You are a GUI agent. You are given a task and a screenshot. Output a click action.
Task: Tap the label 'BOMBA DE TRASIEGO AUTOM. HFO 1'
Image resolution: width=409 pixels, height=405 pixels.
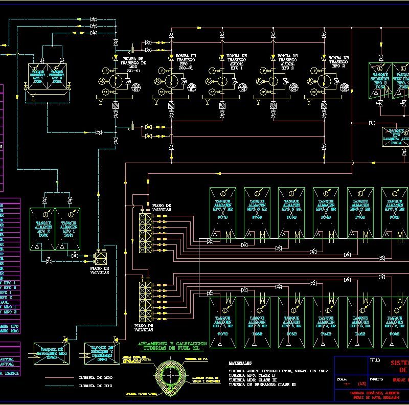(x=236, y=61)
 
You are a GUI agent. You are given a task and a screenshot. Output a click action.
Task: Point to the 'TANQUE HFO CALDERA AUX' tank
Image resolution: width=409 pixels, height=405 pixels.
(x=395, y=137)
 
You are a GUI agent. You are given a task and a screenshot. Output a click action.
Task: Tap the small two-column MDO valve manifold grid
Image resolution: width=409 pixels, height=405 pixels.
(x=100, y=257)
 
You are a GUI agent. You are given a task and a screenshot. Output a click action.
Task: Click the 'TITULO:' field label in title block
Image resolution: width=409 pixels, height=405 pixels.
(x=375, y=359)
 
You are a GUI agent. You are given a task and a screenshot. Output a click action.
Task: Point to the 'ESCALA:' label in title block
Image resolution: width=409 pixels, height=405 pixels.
(x=342, y=379)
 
